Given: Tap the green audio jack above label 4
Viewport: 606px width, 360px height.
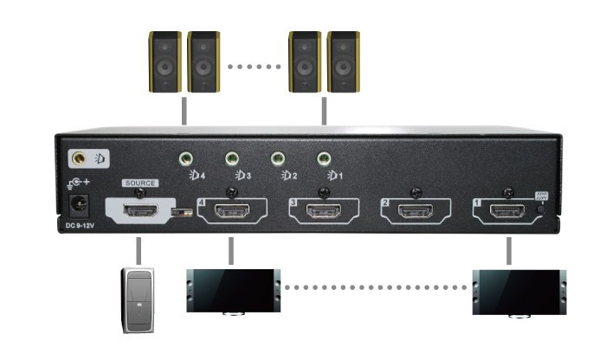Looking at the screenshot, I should click(185, 159).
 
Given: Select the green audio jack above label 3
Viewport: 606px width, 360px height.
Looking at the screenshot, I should click(232, 159).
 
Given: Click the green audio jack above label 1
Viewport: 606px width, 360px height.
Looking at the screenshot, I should click(325, 159).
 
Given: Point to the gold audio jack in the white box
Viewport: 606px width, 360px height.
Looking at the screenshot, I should click(81, 159).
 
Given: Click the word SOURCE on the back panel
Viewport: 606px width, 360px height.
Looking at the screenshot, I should click(140, 183).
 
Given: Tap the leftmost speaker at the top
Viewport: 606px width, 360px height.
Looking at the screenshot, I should click(164, 63).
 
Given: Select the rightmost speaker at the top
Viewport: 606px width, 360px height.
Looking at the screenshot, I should click(344, 63).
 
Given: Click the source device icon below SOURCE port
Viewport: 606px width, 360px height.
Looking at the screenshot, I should click(138, 299).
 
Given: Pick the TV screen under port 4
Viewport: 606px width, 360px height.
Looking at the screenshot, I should click(232, 291).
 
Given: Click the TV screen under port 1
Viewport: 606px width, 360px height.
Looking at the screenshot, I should click(517, 291).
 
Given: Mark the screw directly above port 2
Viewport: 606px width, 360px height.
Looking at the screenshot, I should click(416, 192).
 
